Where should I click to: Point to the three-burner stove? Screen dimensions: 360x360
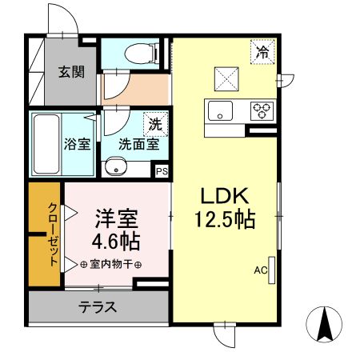(x=261, y=111)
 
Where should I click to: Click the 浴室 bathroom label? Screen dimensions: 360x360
(x=76, y=145)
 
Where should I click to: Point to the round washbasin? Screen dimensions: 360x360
(x=118, y=168)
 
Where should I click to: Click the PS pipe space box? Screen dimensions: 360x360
(x=162, y=170)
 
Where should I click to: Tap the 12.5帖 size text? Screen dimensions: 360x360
(x=225, y=218)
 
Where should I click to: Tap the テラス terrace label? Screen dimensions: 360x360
(x=98, y=306)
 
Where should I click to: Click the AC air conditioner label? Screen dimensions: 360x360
(x=260, y=270)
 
